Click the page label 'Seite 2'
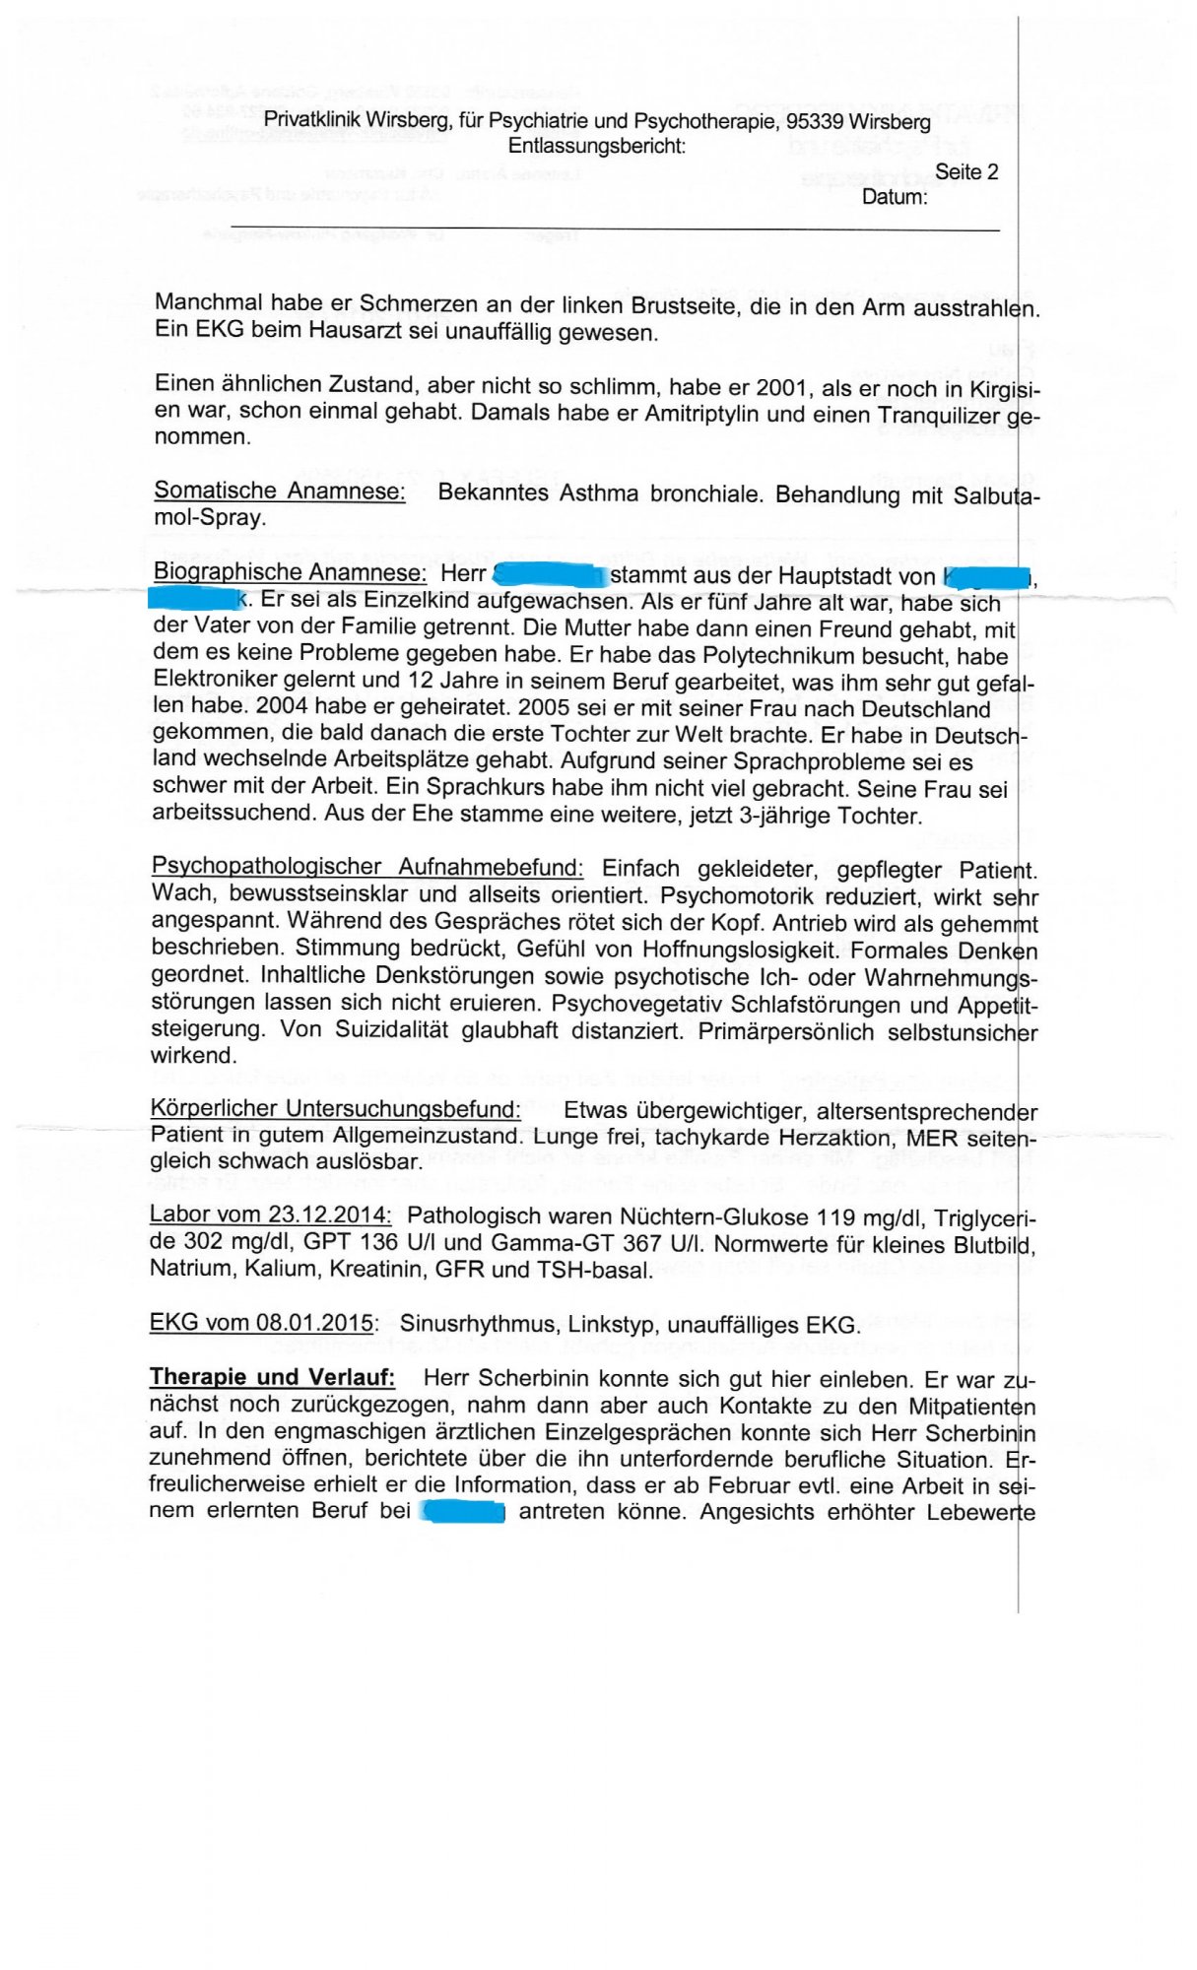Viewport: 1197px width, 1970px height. tap(965, 172)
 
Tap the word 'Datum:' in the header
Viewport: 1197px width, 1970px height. tap(895, 197)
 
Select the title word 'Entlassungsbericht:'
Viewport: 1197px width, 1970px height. tap(597, 147)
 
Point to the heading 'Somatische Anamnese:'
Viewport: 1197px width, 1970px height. tap(280, 491)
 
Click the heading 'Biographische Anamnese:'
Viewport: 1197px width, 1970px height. tap(290, 572)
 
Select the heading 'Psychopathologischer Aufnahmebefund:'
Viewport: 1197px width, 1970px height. tap(367, 867)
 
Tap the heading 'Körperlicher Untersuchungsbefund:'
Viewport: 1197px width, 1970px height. tap(335, 1109)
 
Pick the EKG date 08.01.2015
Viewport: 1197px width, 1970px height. tap(314, 1323)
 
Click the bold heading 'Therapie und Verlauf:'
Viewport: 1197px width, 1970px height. tap(272, 1377)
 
